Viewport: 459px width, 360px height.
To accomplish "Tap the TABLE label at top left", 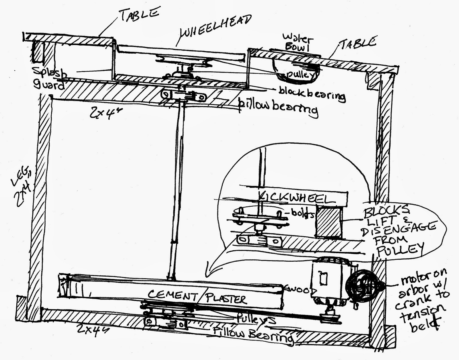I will (139, 16).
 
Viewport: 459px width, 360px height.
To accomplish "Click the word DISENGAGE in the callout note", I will (399, 229).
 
